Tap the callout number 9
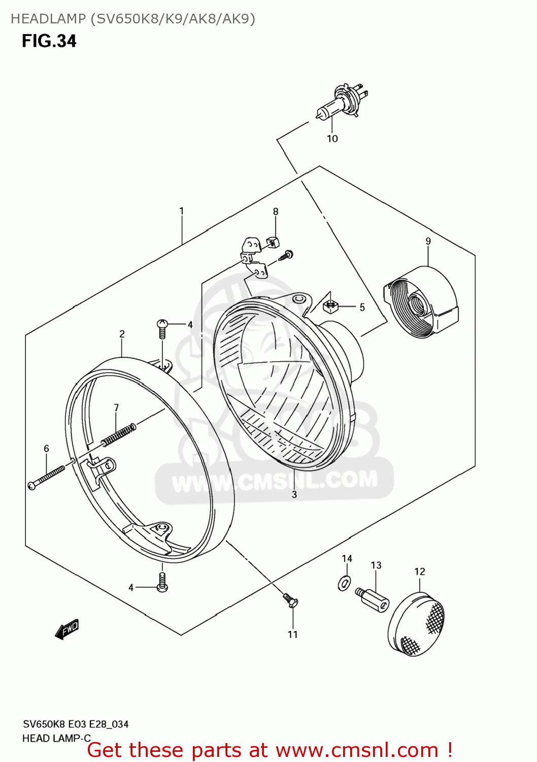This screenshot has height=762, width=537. tap(428, 241)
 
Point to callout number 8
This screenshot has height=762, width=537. tap(276, 212)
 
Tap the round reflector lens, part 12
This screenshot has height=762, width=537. tap(417, 625)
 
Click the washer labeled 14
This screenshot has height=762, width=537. tap(345, 583)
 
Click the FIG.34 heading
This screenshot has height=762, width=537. tap(49, 41)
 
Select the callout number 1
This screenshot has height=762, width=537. tap(181, 211)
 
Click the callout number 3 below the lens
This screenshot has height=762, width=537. tap(294, 494)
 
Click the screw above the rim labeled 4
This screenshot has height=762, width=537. tap(162, 328)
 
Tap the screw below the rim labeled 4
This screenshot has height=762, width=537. tap(162, 582)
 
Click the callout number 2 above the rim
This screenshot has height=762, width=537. tap(122, 334)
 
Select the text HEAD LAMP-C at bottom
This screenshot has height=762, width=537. tap(56, 738)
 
